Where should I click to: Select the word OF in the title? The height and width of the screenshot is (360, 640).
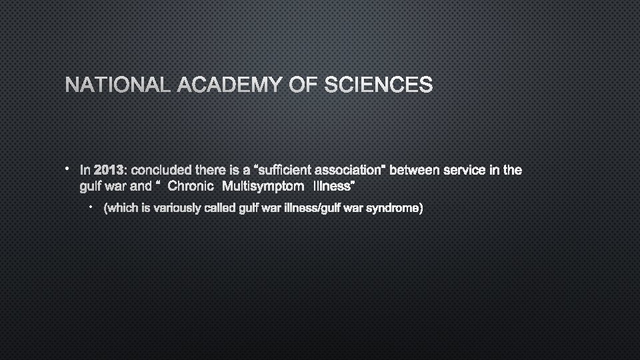point(304,85)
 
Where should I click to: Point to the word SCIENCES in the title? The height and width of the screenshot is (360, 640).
point(378,85)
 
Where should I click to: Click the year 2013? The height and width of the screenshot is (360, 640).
point(109,170)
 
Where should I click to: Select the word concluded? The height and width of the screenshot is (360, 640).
point(161,170)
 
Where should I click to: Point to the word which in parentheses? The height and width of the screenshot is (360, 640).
point(121,209)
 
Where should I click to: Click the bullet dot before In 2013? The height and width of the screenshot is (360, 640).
point(68,169)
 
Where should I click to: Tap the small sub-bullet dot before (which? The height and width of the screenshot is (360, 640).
point(92,208)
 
